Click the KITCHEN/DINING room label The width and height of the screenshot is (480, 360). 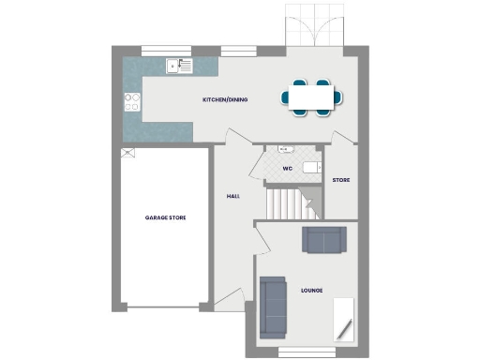[225, 99]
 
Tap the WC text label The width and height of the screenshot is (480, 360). [289, 168]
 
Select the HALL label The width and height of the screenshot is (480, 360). [233, 196]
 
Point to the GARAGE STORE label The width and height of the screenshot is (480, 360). [165, 217]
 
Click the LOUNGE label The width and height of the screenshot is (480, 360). [311, 291]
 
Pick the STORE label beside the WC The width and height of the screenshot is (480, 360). [340, 179]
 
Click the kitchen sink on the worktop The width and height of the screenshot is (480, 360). [175, 67]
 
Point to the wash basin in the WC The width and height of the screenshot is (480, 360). [285, 148]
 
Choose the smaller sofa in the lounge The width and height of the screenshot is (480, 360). [323, 240]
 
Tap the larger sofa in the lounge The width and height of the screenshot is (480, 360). [273, 307]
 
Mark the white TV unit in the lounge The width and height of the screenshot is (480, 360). [343, 319]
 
